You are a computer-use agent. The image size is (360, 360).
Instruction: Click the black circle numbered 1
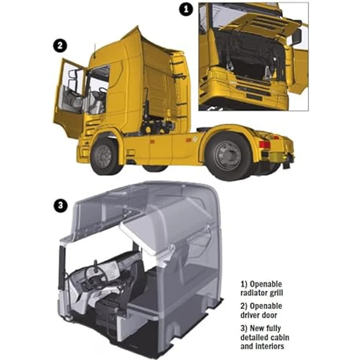tap(186, 9)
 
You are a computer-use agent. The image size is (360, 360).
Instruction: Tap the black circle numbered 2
tap(60, 45)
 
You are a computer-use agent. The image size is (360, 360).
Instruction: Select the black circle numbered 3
tap(60, 205)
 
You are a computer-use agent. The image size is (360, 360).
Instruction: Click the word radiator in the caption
tap(255, 293)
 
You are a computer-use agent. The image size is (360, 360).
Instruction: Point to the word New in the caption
tap(257, 328)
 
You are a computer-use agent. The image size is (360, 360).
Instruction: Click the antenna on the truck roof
tap(94, 50)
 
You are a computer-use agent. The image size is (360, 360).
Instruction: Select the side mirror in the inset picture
tap(296, 37)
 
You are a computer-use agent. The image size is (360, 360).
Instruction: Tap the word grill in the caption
tap(277, 293)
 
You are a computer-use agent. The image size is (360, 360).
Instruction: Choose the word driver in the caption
tap(249, 315)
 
